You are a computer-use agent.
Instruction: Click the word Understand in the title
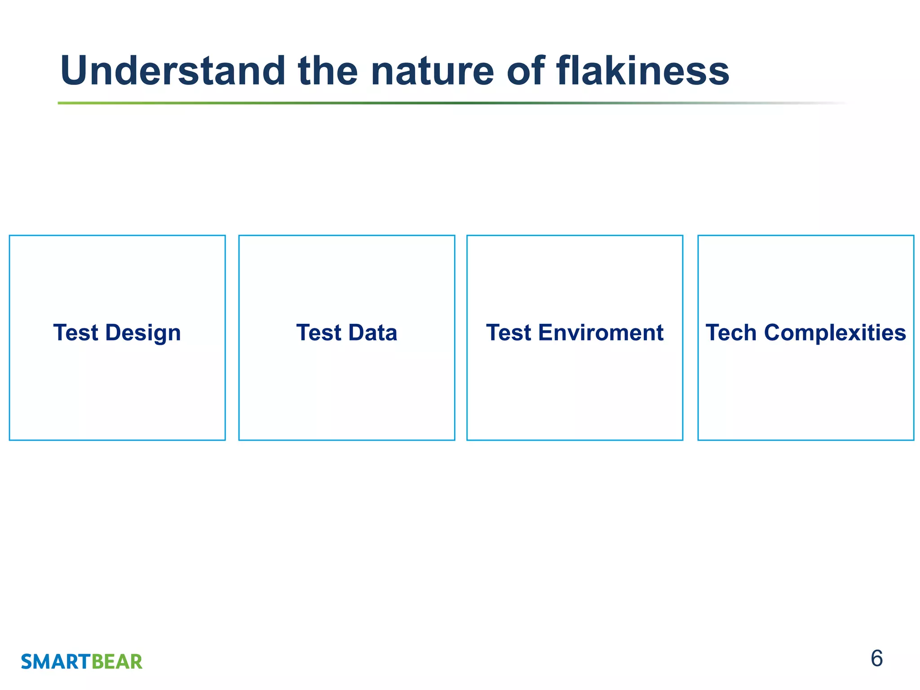173,71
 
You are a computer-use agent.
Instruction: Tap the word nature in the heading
432,71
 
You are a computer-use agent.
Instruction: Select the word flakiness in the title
642,71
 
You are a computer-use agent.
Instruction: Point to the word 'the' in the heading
327,71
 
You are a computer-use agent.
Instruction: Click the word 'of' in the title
526,71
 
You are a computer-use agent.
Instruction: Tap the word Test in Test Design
75,333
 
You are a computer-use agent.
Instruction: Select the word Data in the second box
372,333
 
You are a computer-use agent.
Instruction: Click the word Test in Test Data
318,333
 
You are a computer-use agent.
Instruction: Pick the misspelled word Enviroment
601,333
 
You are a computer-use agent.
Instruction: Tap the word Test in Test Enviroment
509,333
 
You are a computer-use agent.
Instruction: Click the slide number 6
876,659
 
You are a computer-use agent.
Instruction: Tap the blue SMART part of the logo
56,662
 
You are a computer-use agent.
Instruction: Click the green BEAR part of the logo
117,662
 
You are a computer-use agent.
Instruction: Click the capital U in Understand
74,71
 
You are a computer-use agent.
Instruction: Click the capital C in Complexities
774,333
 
